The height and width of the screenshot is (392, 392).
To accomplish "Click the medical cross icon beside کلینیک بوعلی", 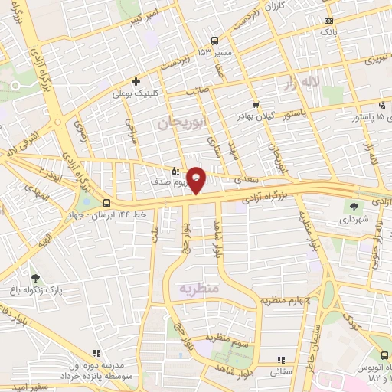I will tap(136, 81).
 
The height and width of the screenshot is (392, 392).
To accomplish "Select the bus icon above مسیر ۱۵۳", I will tap(214, 41).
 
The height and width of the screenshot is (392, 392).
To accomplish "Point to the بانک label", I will tap(328, 33).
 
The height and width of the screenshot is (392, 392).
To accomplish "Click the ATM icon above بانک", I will tap(328, 21).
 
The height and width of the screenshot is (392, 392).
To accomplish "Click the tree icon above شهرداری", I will tap(354, 206).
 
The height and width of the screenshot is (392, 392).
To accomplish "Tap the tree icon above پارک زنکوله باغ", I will tap(35, 277).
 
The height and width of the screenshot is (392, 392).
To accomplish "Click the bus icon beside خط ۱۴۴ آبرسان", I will tap(106, 203).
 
